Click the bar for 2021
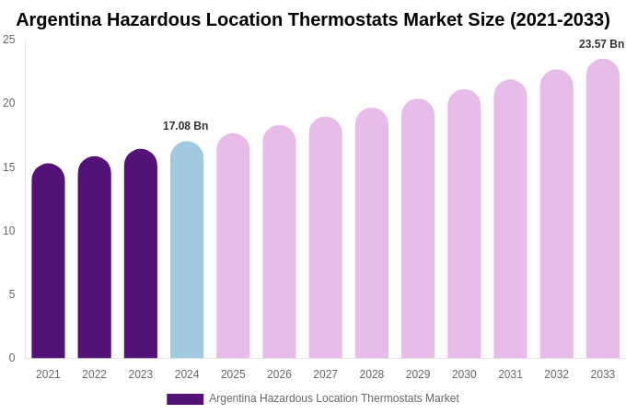(x=48, y=262)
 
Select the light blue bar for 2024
(x=187, y=250)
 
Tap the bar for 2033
(x=603, y=210)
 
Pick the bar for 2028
(x=372, y=234)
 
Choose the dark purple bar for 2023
(x=141, y=255)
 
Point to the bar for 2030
(x=464, y=224)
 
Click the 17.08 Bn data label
(x=186, y=126)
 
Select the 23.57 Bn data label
(x=601, y=44)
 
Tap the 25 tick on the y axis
(x=9, y=40)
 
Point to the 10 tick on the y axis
(x=9, y=231)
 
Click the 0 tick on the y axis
(x=12, y=358)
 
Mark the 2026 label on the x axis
(x=279, y=374)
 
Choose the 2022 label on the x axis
(x=94, y=374)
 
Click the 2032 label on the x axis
(x=556, y=374)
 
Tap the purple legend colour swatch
(x=185, y=399)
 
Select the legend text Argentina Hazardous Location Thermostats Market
(x=333, y=398)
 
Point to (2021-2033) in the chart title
(x=560, y=19)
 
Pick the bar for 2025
(x=233, y=247)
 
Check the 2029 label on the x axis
(x=418, y=374)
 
